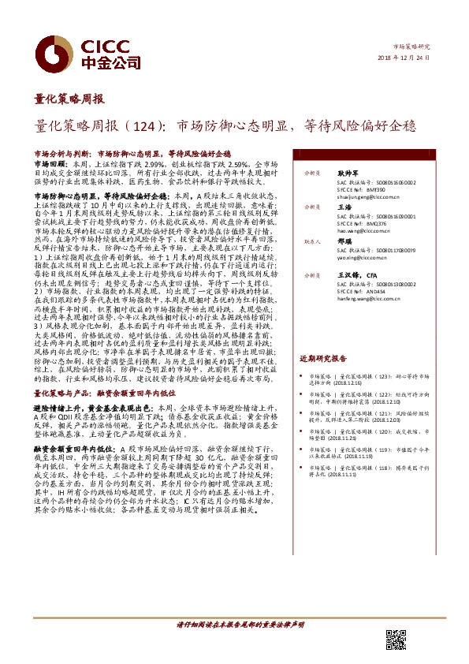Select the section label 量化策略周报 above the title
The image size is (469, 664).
[69, 100]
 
